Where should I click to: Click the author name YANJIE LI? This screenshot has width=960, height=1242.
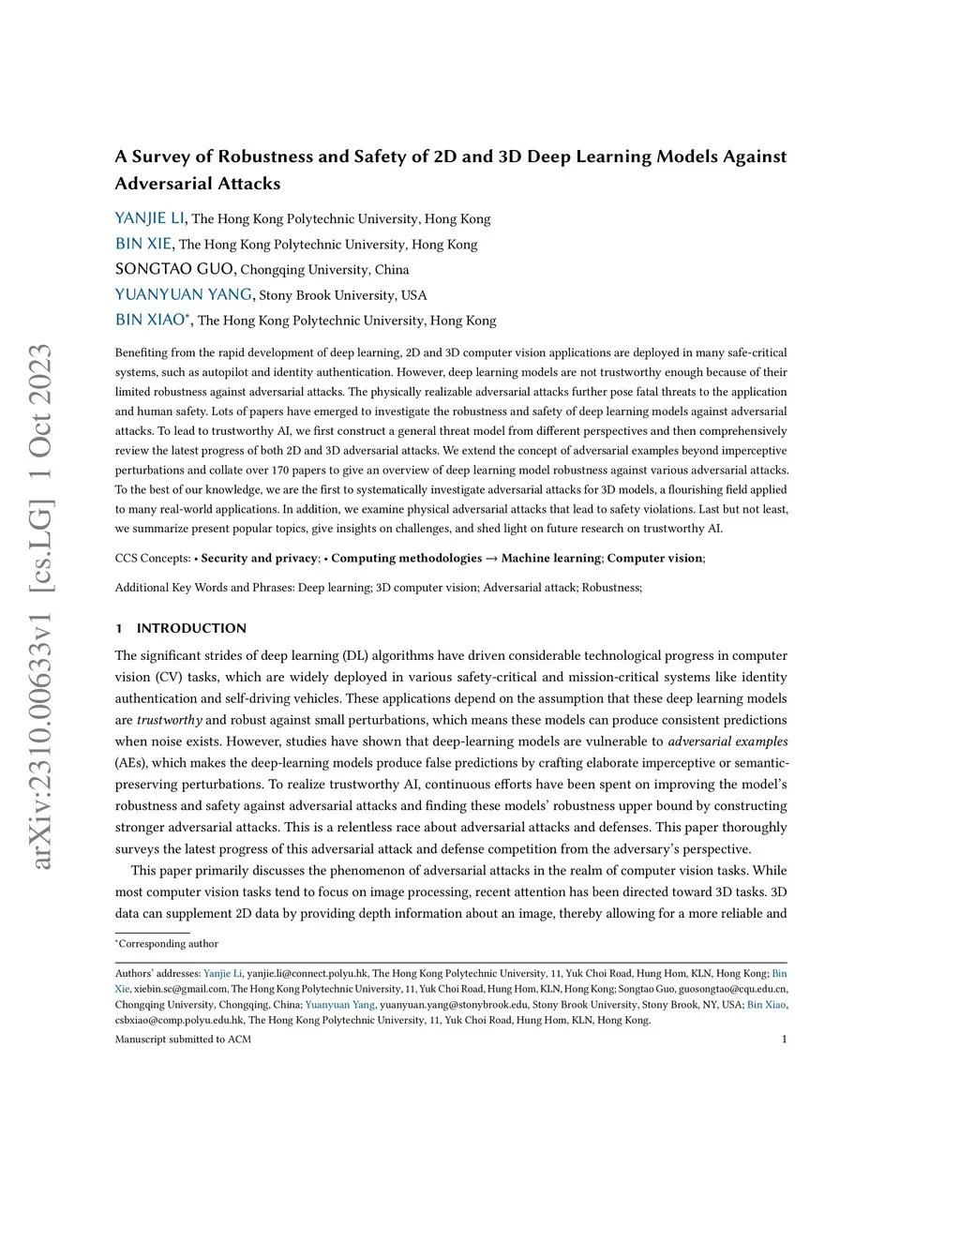(150, 218)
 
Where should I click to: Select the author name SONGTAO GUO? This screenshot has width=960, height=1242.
(174, 269)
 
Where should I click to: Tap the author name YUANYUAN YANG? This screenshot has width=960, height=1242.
(184, 294)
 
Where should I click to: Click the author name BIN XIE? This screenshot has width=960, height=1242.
(143, 244)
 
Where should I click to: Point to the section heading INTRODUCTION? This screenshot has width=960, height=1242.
(191, 628)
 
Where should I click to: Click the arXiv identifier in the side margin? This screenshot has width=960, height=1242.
(40, 606)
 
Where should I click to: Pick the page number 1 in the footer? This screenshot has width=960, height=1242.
(784, 1039)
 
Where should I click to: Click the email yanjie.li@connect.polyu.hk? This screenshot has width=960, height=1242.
(307, 974)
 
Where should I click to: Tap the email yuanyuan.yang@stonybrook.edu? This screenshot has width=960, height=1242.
(454, 1005)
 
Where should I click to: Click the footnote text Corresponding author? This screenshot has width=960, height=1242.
(168, 944)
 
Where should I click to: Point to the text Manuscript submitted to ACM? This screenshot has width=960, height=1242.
(183, 1039)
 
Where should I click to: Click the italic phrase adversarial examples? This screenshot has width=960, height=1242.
(727, 741)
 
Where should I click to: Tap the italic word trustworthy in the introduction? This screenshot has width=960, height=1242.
(170, 720)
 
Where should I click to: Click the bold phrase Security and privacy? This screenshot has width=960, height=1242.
(259, 558)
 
